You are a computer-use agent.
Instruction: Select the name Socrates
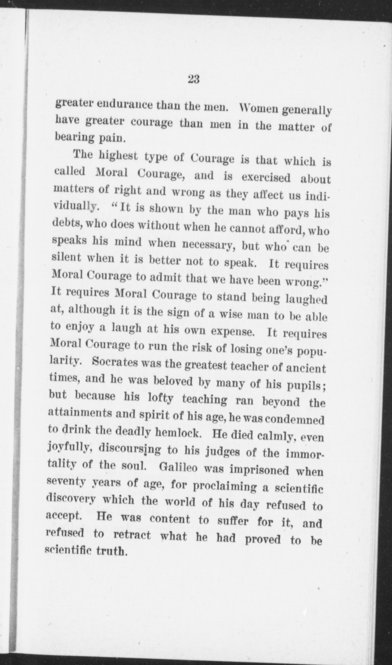click(117, 362)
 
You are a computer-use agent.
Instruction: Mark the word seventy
click(66, 482)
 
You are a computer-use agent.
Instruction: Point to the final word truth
click(111, 552)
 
